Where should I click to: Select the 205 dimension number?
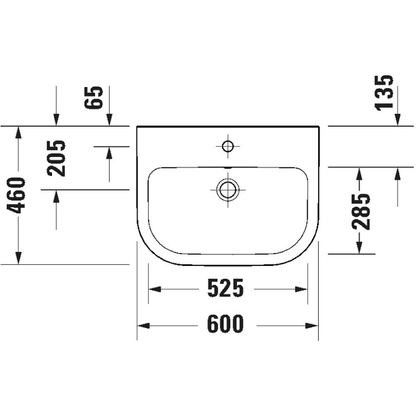pos(57,158)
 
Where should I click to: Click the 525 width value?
pos(225,289)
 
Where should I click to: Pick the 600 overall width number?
pos(225,324)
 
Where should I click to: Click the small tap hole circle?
pos(228,146)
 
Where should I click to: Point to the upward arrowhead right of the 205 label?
pos(109,153)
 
